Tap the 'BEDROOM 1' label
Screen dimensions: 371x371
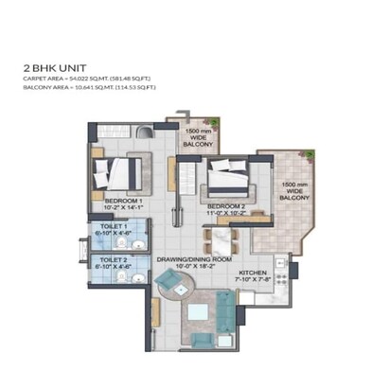pos(123,202)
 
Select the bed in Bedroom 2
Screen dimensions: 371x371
pos(229,176)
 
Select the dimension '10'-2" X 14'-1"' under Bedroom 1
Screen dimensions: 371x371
pos(123,209)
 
